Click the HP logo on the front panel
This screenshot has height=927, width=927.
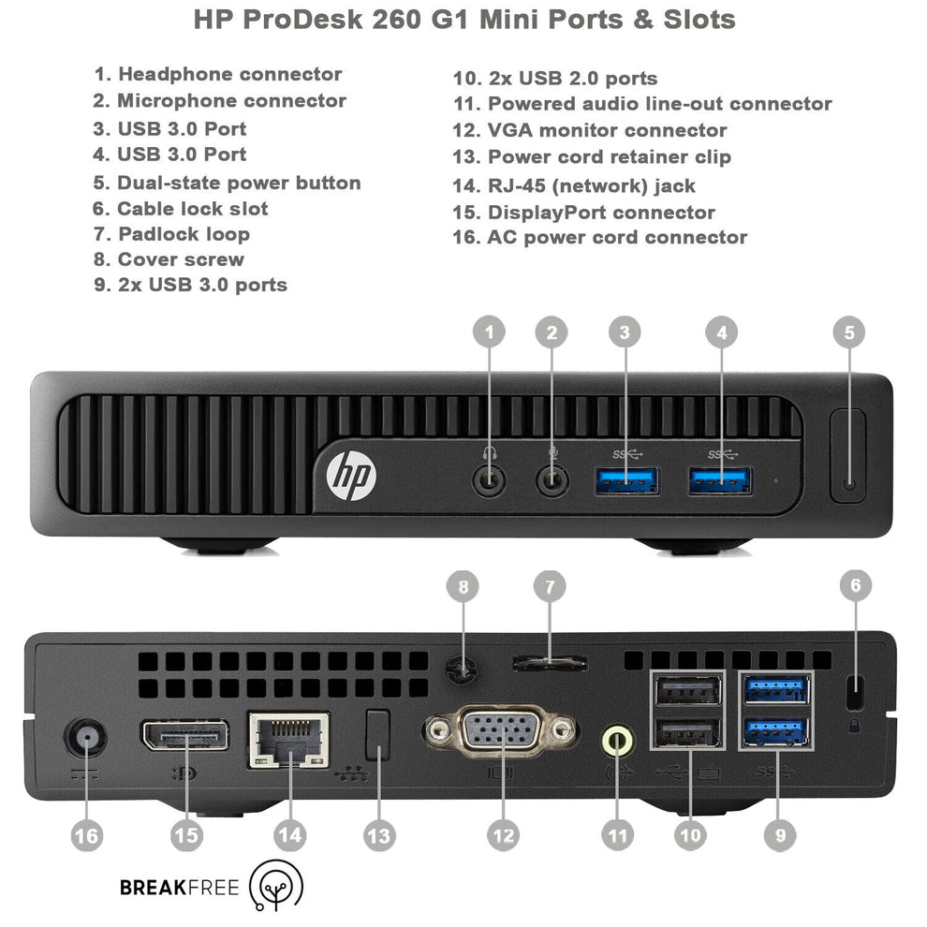350,474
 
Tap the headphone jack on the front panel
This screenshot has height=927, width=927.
488,480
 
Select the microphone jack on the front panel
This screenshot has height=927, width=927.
552,480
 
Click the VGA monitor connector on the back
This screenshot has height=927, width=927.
501,729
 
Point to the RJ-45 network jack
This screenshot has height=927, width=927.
288,740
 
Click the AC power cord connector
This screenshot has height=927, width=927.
86,740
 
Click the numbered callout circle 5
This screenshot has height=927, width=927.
848,331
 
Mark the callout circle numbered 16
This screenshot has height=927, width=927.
86,835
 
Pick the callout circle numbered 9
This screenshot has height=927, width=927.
779,835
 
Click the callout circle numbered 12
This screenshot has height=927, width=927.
504,835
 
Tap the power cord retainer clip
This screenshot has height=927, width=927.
376,733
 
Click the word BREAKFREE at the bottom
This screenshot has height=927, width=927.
179,887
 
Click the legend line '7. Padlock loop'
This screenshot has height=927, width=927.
172,234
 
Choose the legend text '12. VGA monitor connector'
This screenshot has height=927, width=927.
590,130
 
